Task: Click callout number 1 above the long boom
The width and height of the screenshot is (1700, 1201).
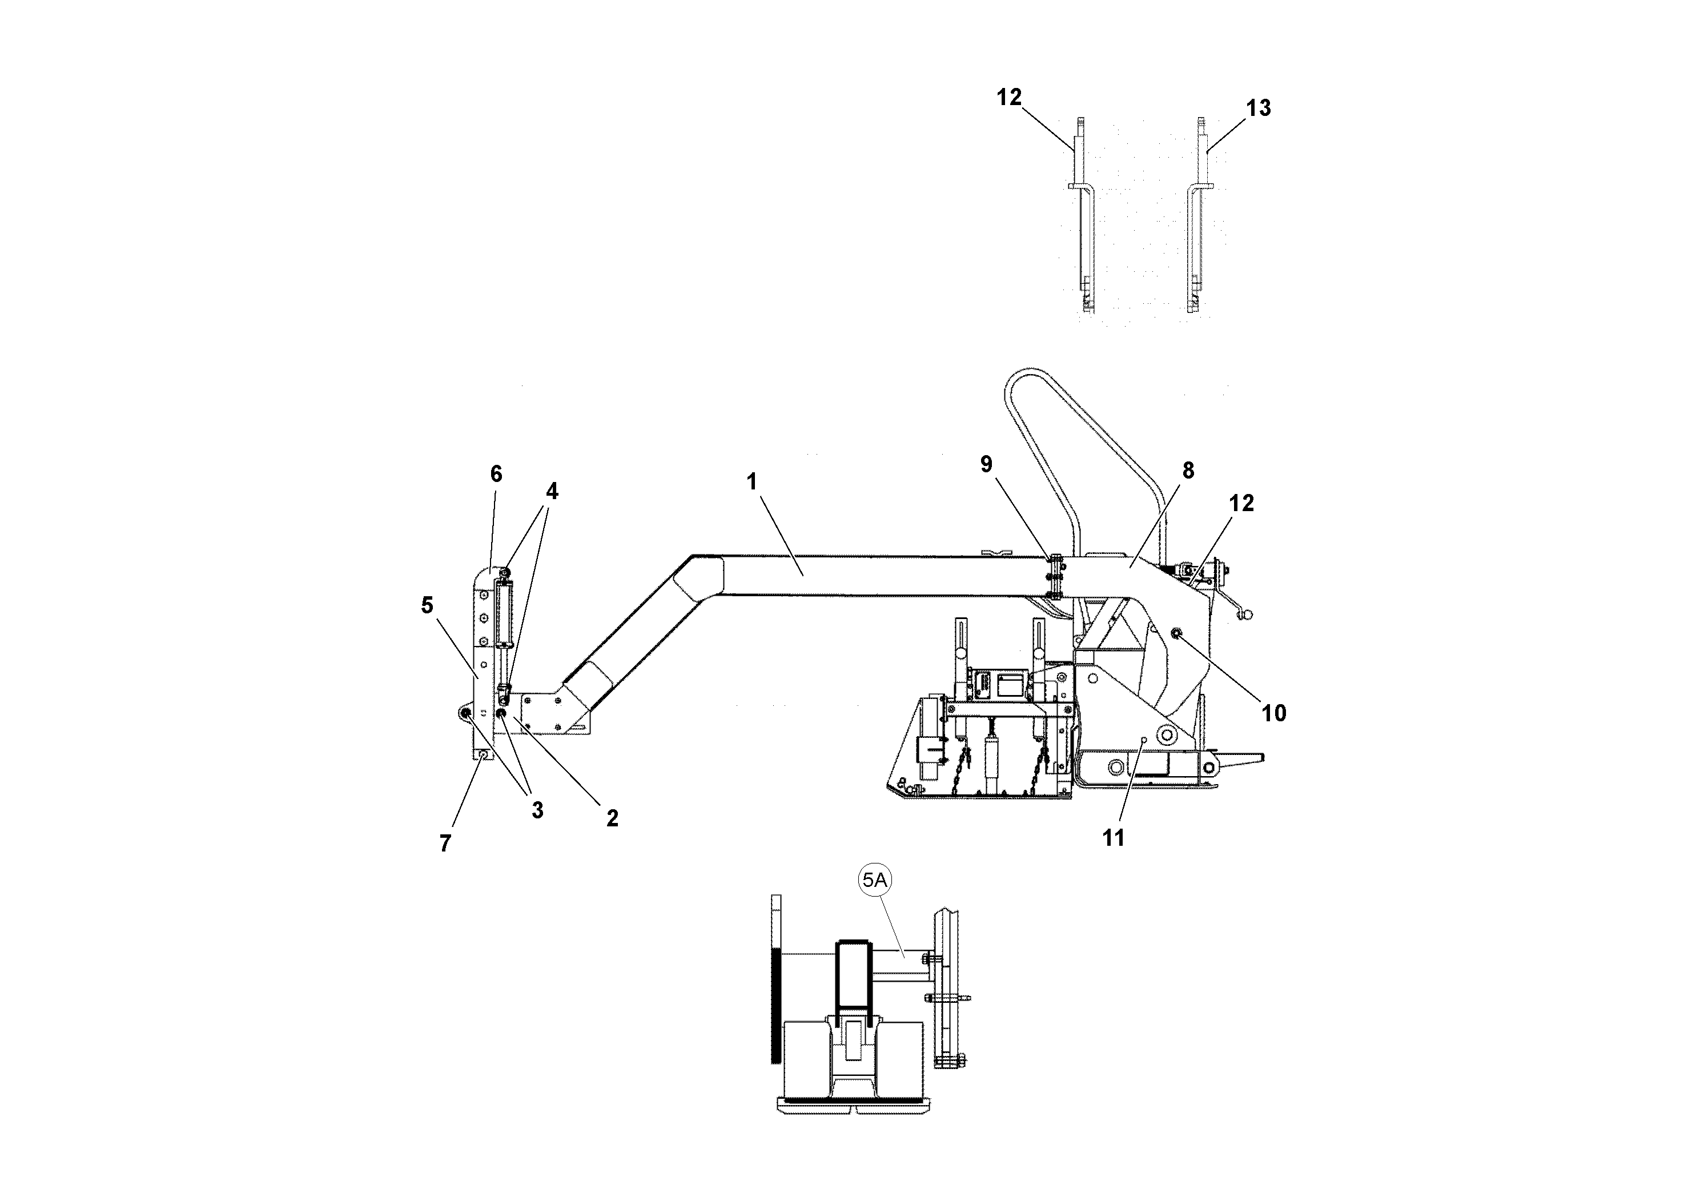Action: [751, 482]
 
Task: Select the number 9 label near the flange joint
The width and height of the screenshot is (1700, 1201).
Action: [986, 464]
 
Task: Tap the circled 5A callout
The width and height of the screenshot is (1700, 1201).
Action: [875, 881]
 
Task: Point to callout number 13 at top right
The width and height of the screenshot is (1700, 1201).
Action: [1259, 108]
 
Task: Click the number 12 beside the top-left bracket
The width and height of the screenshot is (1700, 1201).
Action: [1008, 97]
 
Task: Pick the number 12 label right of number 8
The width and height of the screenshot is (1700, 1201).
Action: [1241, 504]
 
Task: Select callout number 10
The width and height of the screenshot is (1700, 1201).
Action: [1273, 713]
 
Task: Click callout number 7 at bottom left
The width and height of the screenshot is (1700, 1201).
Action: [445, 843]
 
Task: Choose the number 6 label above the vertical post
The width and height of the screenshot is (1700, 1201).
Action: [496, 474]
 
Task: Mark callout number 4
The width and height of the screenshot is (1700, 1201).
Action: [552, 492]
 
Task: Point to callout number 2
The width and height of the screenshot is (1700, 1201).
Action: [612, 818]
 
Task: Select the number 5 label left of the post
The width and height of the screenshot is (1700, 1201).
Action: [427, 605]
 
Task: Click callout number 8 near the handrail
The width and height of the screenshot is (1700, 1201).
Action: [1188, 470]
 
